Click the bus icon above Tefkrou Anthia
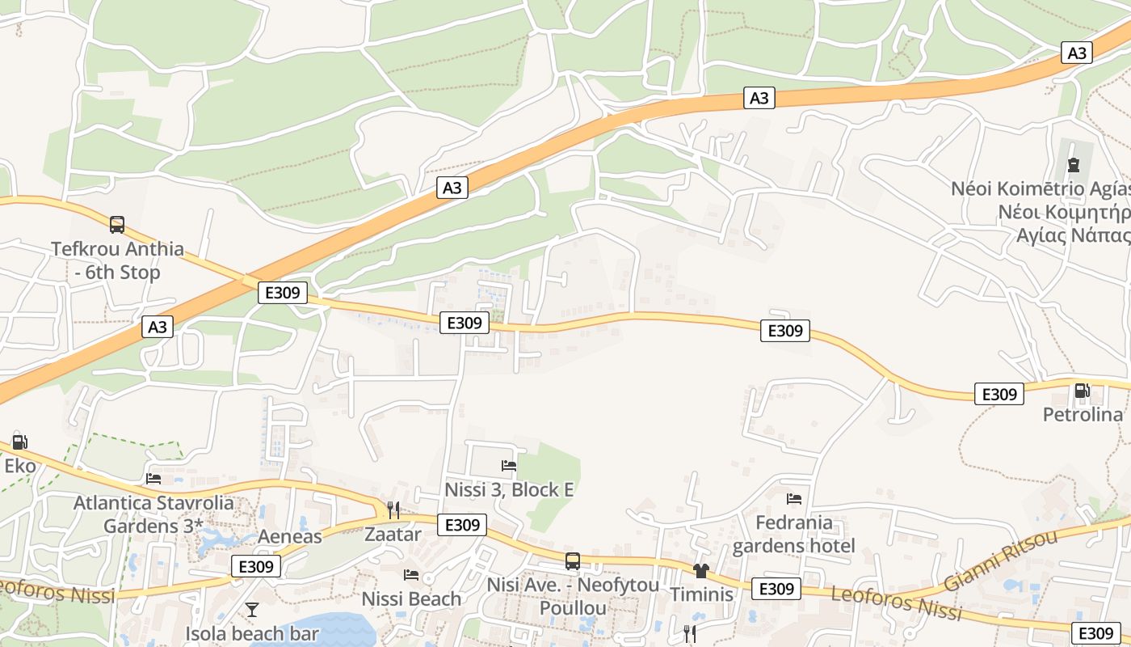pyautogui.click(x=117, y=224)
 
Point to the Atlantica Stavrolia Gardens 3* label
pyautogui.click(x=153, y=514)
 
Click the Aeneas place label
pyautogui.click(x=289, y=536)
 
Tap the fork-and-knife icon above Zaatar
pyautogui.click(x=393, y=510)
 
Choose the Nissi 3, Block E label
pyautogui.click(x=509, y=489)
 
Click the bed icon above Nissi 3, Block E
pyautogui.click(x=509, y=465)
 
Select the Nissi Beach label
pyautogui.click(x=411, y=599)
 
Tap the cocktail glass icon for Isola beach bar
pyautogui.click(x=252, y=609)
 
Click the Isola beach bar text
pyautogui.click(x=252, y=634)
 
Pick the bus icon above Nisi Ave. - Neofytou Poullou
pyautogui.click(x=573, y=560)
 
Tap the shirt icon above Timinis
pyautogui.click(x=700, y=570)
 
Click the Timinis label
pyautogui.click(x=701, y=594)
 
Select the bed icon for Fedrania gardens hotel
pyautogui.click(x=794, y=498)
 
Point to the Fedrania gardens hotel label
pyautogui.click(x=793, y=534)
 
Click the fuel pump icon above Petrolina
pyautogui.click(x=1082, y=391)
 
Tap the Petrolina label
pyautogui.click(x=1083, y=415)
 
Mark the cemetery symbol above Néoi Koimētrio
pyautogui.click(x=1073, y=165)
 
